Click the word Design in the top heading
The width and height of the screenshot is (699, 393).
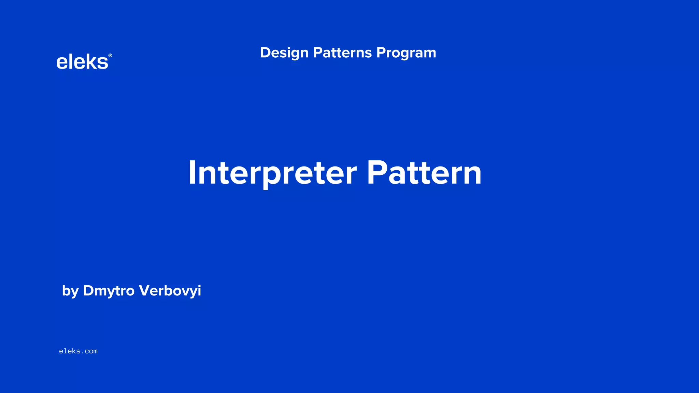pyautogui.click(x=284, y=53)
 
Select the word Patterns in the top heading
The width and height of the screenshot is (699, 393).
pyautogui.click(x=342, y=53)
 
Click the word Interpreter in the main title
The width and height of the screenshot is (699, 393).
pyautogui.click(x=272, y=173)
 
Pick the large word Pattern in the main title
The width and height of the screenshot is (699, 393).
pyautogui.click(x=424, y=173)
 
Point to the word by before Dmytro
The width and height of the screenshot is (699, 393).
pyautogui.click(x=70, y=291)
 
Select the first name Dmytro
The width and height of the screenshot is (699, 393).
pyautogui.click(x=109, y=291)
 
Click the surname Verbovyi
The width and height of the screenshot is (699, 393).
pyautogui.click(x=170, y=291)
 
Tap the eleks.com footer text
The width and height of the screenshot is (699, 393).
pyautogui.click(x=78, y=351)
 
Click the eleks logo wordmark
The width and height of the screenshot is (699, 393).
pyautogui.click(x=82, y=62)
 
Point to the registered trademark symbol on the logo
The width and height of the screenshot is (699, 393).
pyautogui.click(x=110, y=56)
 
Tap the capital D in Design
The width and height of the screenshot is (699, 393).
pyautogui.click(x=265, y=53)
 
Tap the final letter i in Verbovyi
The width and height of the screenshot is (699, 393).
pyautogui.click(x=199, y=291)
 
